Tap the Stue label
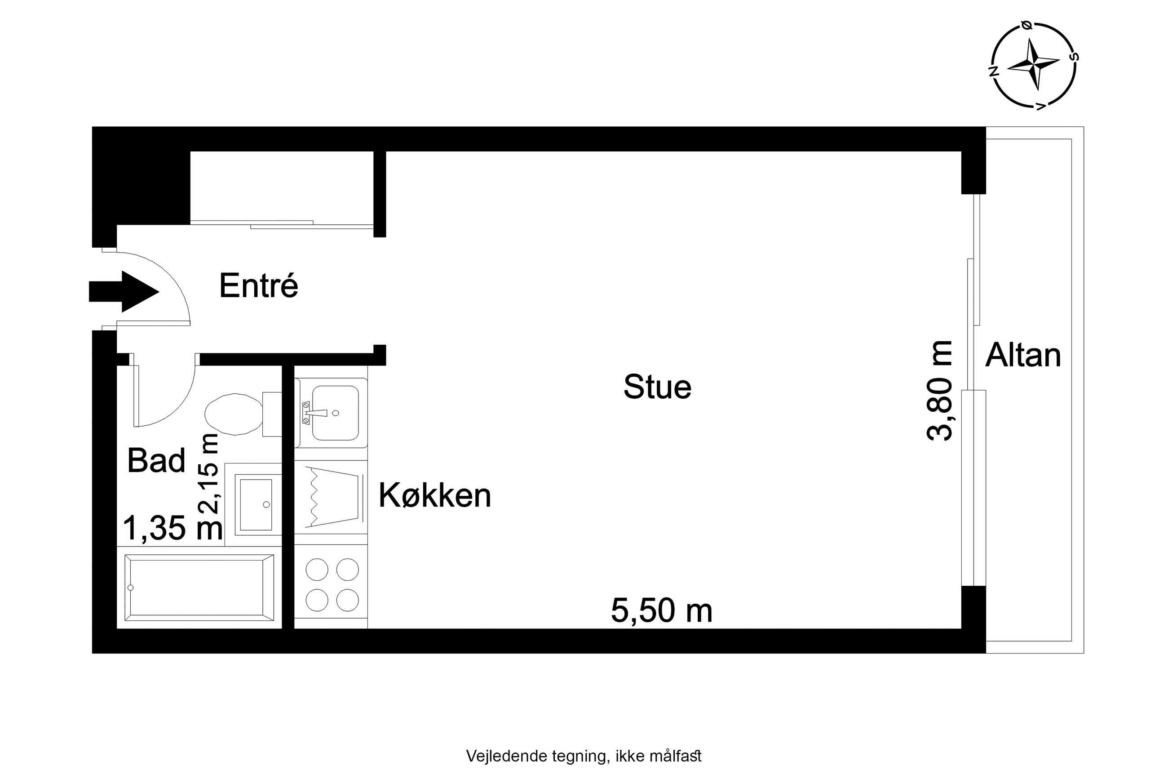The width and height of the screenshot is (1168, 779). [657, 387]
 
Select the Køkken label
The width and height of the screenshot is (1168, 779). [435, 495]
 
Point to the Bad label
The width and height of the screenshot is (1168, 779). [156, 460]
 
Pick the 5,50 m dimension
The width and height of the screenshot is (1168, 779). [661, 610]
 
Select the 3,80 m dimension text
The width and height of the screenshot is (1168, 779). [940, 391]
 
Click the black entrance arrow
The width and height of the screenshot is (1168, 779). [124, 292]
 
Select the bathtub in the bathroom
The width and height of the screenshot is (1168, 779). [199, 588]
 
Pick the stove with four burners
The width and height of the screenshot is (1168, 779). [331, 585]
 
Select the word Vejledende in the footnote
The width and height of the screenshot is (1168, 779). [507, 756]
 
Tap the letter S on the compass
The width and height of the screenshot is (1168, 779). [1074, 56]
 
